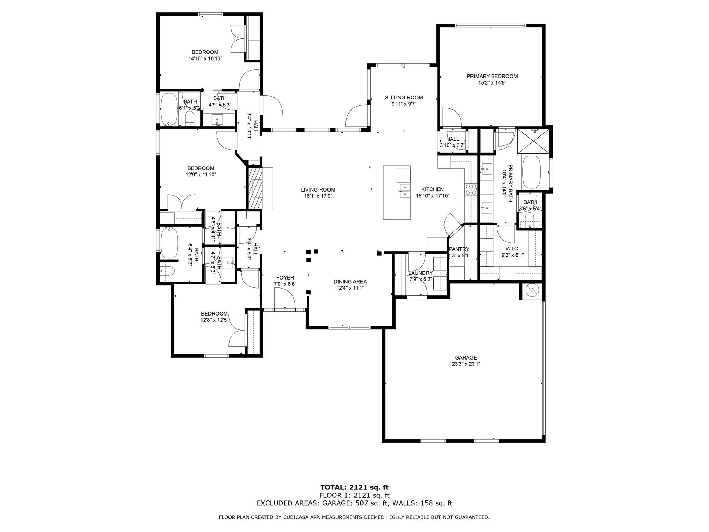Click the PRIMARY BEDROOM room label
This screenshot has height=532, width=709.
(492, 76)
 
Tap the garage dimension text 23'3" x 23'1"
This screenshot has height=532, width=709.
(466, 364)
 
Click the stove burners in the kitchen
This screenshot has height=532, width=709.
(471, 189)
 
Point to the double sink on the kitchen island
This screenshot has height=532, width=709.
(404, 190)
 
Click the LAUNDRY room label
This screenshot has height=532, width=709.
(421, 273)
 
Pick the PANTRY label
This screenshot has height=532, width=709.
(459, 249)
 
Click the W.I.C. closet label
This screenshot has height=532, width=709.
(512, 249)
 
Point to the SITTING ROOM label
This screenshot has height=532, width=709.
(404, 98)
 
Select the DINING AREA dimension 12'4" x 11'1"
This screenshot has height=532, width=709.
(350, 288)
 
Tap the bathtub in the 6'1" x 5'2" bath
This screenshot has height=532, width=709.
(169, 109)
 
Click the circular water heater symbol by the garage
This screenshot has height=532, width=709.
(532, 290)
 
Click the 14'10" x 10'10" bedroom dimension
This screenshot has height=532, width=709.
(205, 59)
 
